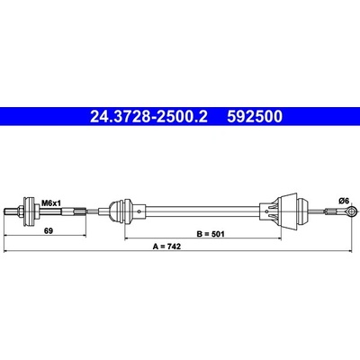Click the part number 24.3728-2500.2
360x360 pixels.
pyautogui.click(x=148, y=117)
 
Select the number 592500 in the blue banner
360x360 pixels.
pyautogui.click(x=255, y=117)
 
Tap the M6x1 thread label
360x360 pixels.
pyautogui.click(x=51, y=203)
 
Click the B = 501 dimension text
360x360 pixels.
pyautogui.click(x=211, y=234)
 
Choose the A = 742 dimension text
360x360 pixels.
pyautogui.click(x=166, y=247)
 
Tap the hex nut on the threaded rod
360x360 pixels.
pyautogui.click(x=21, y=211)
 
